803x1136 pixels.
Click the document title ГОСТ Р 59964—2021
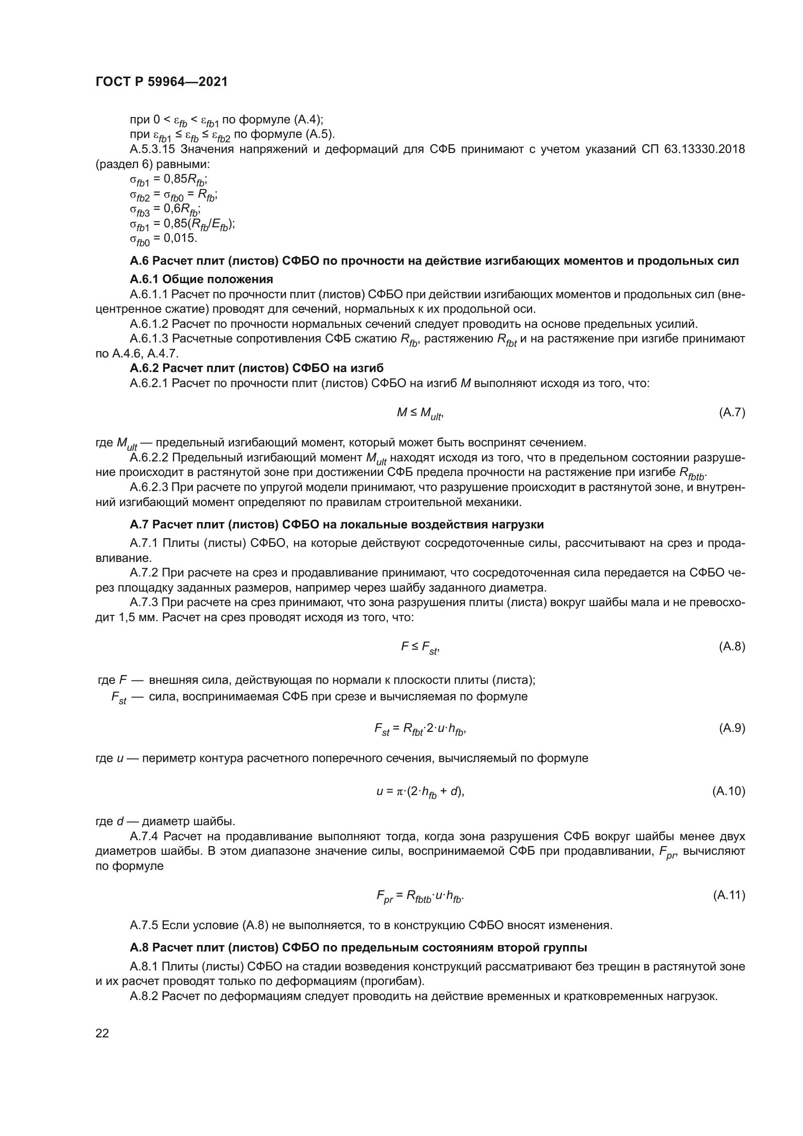pyautogui.click(x=161, y=82)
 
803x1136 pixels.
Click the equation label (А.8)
pyautogui.click(x=732, y=646)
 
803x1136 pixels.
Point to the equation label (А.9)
pyautogui.click(x=732, y=728)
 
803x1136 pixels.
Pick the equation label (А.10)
pyautogui.click(x=729, y=791)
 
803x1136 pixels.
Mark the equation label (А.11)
pyautogui.click(x=729, y=895)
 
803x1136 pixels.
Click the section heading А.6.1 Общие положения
pyautogui.click(x=201, y=279)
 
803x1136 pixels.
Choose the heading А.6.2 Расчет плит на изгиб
pyautogui.click(x=257, y=368)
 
